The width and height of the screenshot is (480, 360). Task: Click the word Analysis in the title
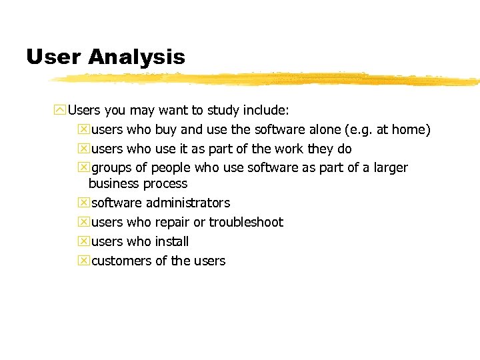click(136, 57)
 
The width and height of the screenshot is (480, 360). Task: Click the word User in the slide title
click(53, 57)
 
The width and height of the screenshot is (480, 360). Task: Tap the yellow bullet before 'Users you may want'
click(61, 109)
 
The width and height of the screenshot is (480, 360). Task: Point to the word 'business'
click(114, 183)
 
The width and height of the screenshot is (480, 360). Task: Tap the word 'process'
click(166, 184)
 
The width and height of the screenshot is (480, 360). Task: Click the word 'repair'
click(172, 223)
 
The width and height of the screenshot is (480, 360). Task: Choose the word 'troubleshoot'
click(246, 222)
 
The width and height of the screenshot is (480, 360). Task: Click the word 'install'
click(171, 241)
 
